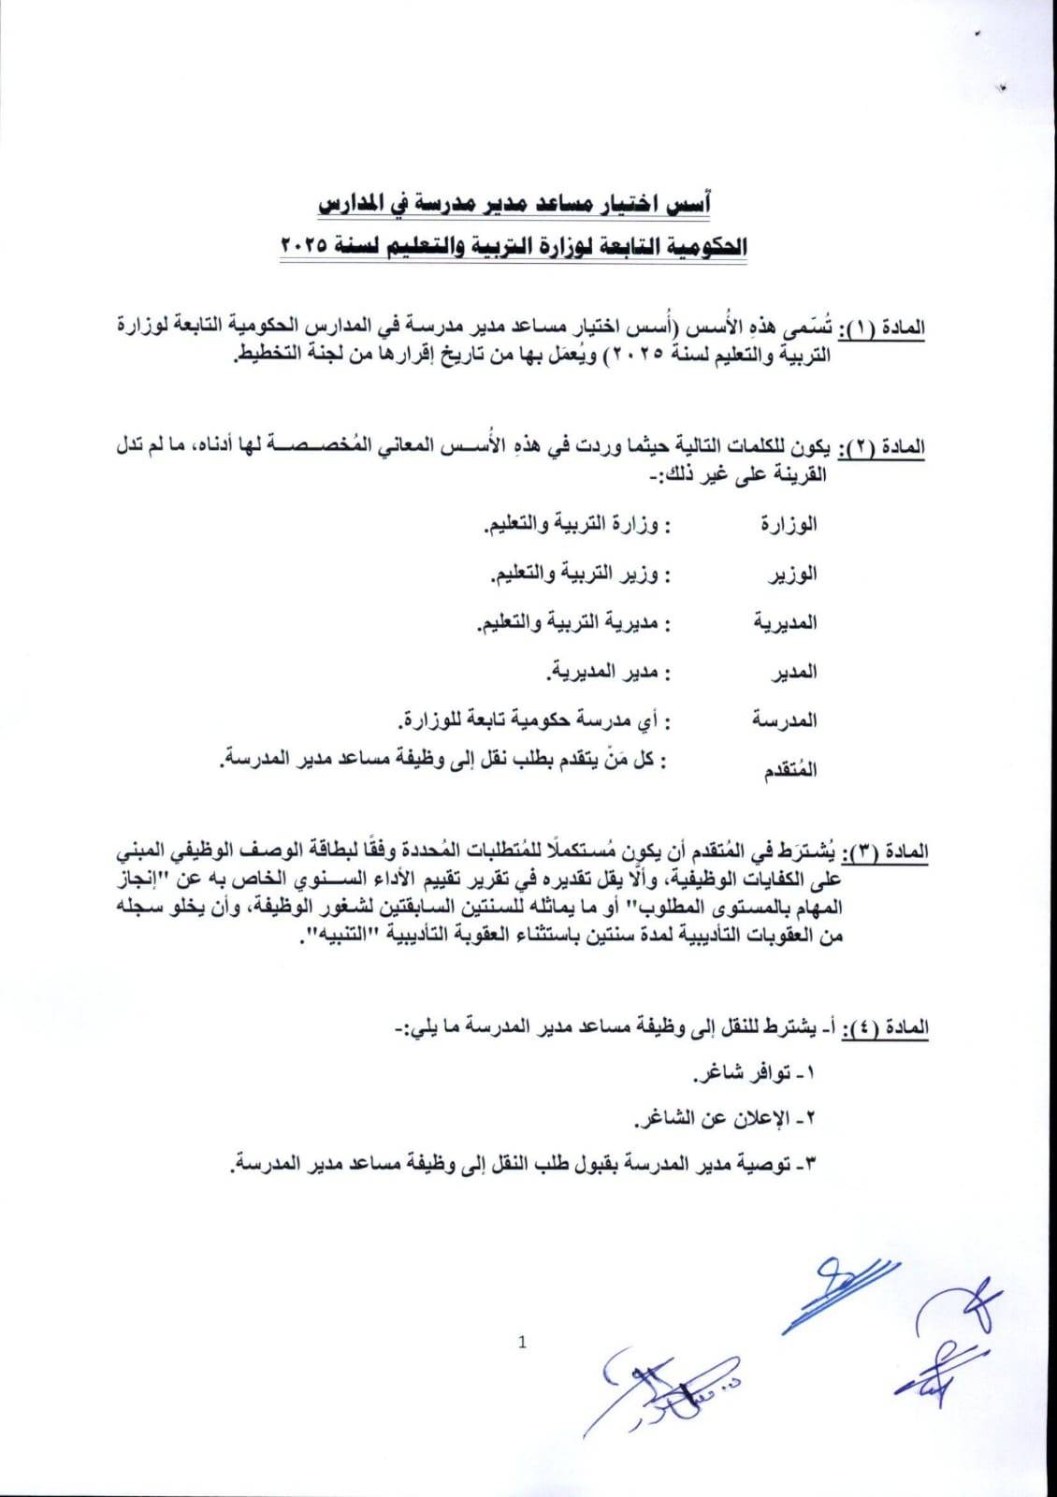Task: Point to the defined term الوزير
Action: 794,573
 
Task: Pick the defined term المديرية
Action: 787,622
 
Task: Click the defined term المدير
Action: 796,671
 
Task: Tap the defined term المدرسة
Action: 786,719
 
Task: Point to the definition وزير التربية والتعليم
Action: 580,573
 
